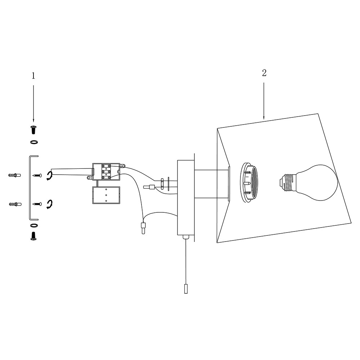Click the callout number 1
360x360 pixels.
click(33, 76)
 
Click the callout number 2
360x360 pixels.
click(264, 73)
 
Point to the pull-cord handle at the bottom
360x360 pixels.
click(186, 289)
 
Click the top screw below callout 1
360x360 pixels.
click(33, 130)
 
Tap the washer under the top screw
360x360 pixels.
click(34, 142)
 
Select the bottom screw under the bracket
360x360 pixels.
click(33, 236)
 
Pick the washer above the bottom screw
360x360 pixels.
click(34, 225)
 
